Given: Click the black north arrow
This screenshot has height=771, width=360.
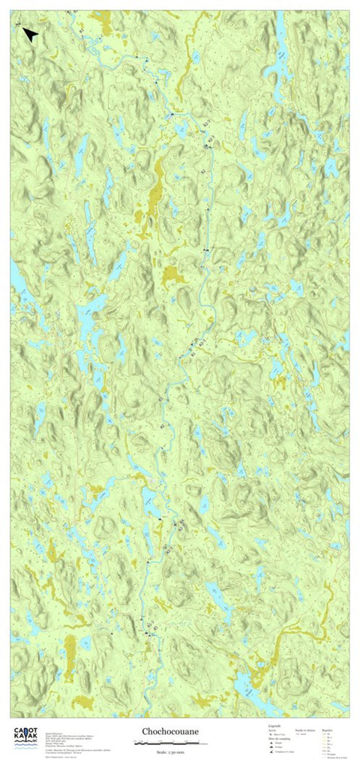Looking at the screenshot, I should point(30,34).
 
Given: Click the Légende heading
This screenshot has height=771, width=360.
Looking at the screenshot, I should point(274,726).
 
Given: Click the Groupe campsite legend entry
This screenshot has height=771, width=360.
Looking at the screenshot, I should point(278,746).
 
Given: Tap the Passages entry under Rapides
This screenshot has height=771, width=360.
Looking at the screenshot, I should point(329,754).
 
